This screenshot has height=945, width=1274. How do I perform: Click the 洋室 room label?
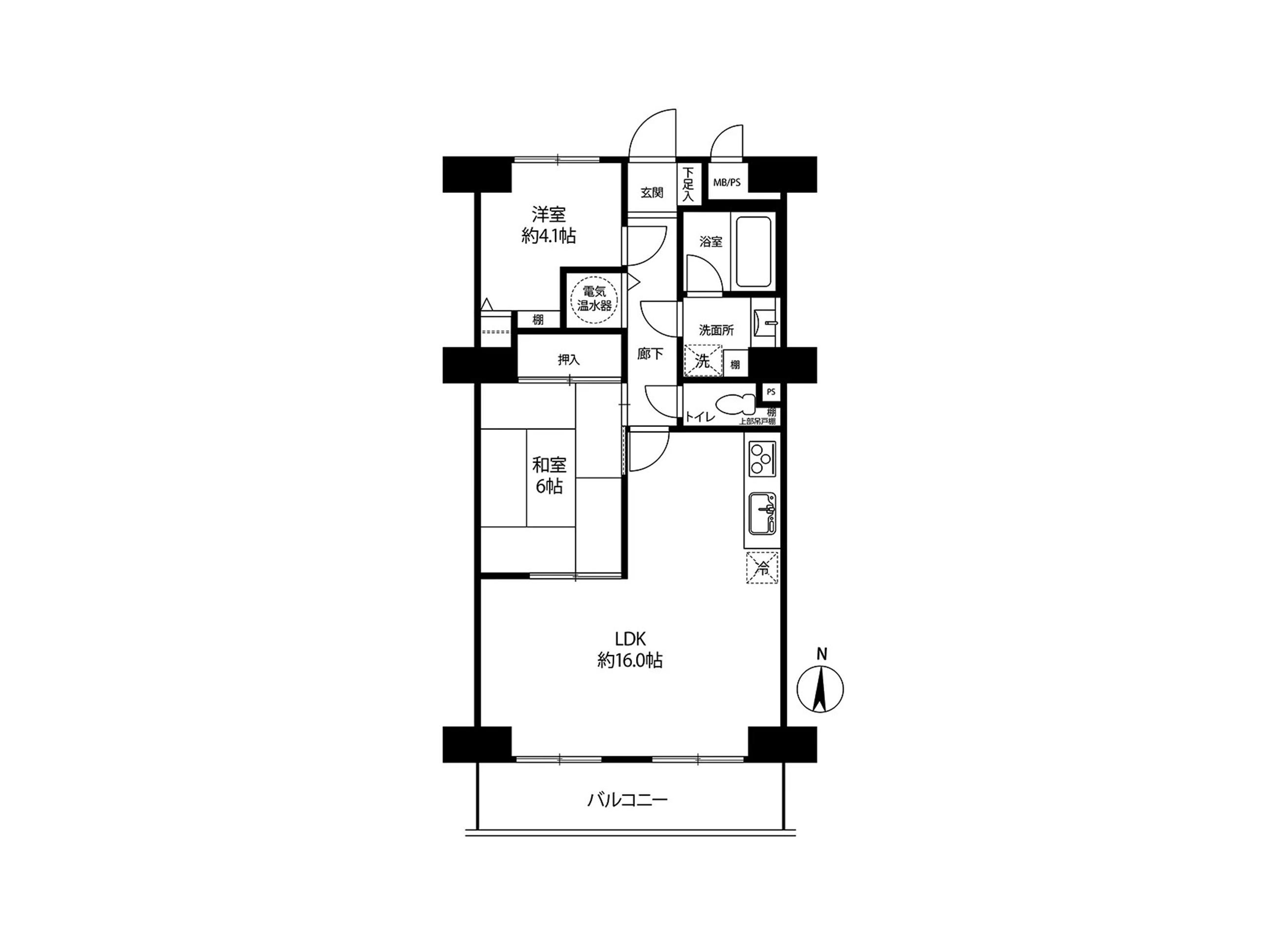click(x=548, y=214)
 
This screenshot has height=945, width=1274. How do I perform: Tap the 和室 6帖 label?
click(x=549, y=475)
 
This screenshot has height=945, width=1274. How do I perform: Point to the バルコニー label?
click(x=627, y=799)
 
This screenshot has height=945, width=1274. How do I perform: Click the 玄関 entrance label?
click(x=651, y=192)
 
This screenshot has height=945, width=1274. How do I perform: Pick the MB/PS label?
click(x=726, y=183)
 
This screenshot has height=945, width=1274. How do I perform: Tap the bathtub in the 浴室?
click(x=755, y=252)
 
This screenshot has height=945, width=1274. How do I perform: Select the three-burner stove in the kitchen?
click(x=762, y=459)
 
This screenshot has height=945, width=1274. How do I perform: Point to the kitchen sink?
click(x=762, y=514)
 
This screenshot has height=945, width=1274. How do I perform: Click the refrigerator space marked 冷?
click(x=762, y=567)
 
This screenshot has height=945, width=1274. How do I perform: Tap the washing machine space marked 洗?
click(x=702, y=360)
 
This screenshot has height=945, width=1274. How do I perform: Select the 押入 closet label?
click(x=568, y=360)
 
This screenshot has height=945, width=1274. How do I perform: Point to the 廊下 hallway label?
click(x=650, y=354)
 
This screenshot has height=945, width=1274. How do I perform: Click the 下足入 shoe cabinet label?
click(x=688, y=184)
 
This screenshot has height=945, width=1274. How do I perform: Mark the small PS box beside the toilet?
click(x=771, y=392)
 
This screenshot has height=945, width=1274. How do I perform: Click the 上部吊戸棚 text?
click(x=757, y=422)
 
